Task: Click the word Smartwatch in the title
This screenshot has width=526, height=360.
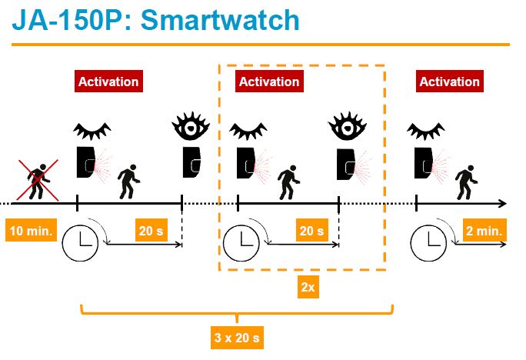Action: pos(220,20)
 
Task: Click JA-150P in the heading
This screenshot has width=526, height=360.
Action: pos(68,20)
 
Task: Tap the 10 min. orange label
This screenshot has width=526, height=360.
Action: pos(32,230)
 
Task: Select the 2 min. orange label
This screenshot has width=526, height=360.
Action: pos(484,230)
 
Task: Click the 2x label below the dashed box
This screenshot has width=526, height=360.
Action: pos(308,287)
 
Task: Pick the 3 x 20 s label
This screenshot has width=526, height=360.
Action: pos(237,337)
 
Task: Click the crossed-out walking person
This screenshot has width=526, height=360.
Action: pos(38,181)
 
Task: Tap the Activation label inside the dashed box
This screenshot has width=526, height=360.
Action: pos(269,82)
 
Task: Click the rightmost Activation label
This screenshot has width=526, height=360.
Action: pos(450,82)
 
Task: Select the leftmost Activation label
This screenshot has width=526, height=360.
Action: pos(108,82)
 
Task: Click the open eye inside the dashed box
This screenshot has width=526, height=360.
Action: pos(347,126)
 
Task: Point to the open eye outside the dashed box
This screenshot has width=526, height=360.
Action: pos(191,126)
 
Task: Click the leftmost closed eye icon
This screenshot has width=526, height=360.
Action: pos(92,131)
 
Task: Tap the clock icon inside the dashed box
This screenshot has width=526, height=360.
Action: pos(241,243)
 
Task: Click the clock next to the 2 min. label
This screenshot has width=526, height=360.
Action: pos(428,243)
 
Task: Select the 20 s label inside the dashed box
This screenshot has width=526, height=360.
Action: pos(311,230)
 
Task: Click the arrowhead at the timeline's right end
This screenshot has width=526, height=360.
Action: pos(503,203)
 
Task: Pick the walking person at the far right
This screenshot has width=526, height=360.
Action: pos(466,182)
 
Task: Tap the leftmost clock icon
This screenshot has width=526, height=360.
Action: pos(80,243)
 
